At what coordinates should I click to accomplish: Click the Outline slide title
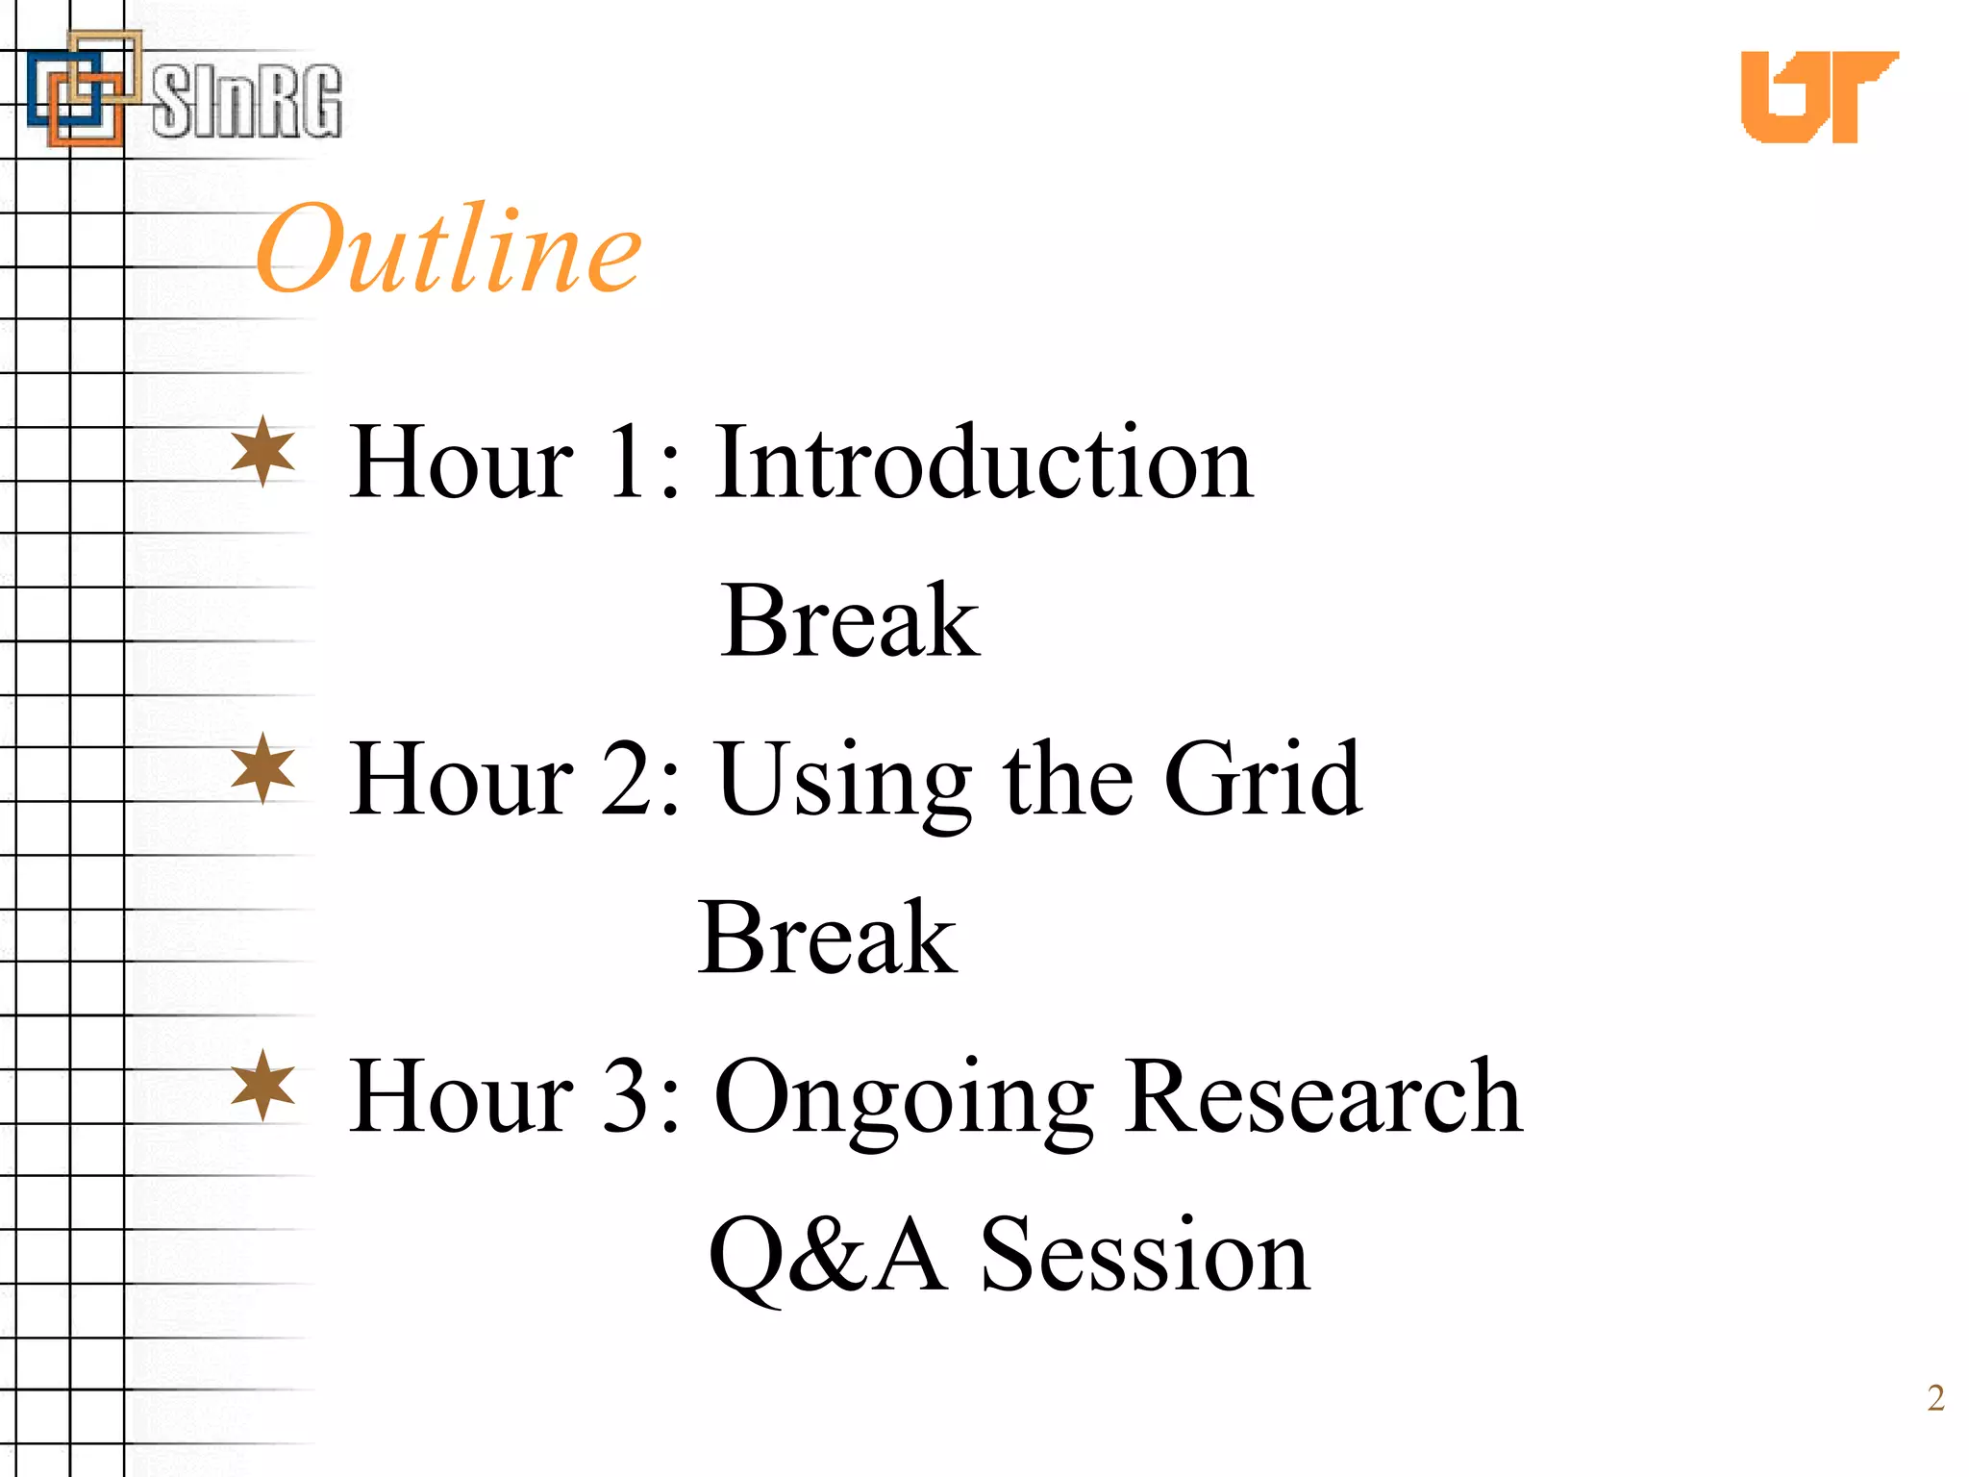[448, 249]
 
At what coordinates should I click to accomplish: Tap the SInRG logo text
[247, 101]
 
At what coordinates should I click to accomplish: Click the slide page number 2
[1935, 1398]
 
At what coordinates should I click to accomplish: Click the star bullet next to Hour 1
[263, 451]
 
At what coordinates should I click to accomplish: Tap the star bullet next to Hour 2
[263, 768]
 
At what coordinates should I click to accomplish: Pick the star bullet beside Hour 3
[263, 1086]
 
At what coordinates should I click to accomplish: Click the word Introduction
[984, 463]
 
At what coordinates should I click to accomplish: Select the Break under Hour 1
[850, 621]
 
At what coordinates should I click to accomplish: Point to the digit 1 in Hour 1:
[628, 463]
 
